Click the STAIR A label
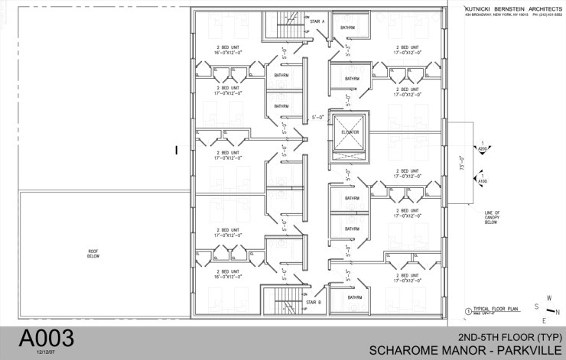point(317,21)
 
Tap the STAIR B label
point(313,303)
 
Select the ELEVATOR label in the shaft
point(348,131)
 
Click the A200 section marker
point(483,148)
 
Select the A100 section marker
point(483,180)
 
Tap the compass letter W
point(547,298)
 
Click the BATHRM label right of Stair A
point(348,28)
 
